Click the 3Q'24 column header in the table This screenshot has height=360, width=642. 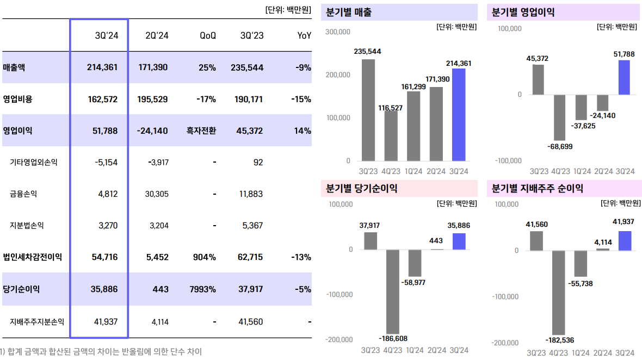point(106,35)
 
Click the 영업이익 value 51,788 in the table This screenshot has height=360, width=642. point(102,131)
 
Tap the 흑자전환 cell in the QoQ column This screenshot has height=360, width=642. point(201,131)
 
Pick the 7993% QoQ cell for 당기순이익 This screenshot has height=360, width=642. point(203,289)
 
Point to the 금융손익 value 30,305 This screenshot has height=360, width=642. point(157,194)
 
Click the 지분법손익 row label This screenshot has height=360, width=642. point(27,225)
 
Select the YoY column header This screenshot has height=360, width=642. point(304,35)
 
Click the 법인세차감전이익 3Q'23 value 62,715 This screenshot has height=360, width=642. point(251,257)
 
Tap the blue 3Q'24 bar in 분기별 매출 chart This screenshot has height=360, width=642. point(459,115)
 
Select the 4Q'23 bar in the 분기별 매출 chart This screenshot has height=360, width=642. point(391,135)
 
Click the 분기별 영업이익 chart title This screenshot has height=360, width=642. point(523,12)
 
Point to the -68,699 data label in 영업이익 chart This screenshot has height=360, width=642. point(560,146)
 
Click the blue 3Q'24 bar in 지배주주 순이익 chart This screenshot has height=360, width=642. point(625,241)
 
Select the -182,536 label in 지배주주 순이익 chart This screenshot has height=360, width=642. point(560,340)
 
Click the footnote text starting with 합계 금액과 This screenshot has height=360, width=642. point(103,352)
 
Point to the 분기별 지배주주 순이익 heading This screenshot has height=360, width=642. point(538,189)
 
